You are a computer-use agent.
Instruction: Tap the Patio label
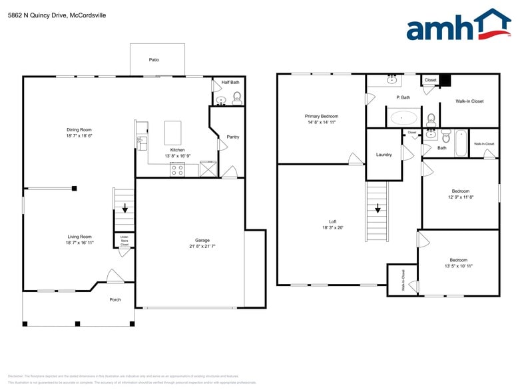coord(154,60)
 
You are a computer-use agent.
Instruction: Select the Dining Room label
coord(79,129)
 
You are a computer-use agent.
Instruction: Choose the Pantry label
coord(232,137)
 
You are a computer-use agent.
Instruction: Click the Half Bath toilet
coord(237,97)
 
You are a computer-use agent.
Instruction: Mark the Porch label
coord(115,299)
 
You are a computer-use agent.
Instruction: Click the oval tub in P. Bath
coord(403,119)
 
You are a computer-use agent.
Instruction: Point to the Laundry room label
coord(384,155)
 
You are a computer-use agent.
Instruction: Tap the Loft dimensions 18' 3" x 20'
coord(332,227)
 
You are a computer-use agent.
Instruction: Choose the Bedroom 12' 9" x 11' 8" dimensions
coord(459,197)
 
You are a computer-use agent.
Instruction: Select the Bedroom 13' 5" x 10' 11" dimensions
coord(458,266)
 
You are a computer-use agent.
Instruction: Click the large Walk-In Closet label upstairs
coord(469,101)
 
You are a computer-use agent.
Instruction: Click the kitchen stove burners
coord(178,169)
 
